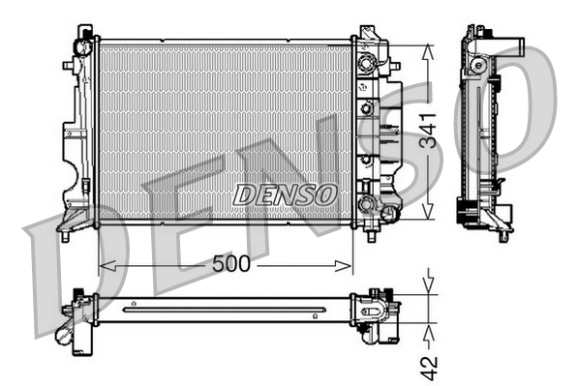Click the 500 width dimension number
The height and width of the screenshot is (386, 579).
231,263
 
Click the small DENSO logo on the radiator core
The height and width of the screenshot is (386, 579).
285,193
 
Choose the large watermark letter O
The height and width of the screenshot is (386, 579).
523,106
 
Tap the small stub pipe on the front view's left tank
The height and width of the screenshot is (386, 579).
69,66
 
